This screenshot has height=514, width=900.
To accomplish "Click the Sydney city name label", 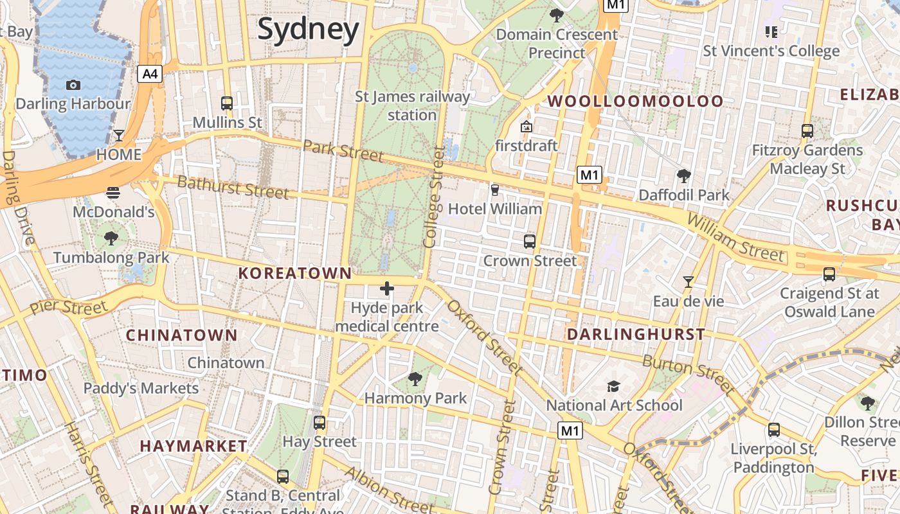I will (x=308, y=30).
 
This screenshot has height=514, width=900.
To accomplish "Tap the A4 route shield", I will (x=149, y=74).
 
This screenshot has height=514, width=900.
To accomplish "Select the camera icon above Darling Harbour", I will (x=73, y=85).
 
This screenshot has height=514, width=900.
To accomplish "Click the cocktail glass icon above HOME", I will (x=119, y=136).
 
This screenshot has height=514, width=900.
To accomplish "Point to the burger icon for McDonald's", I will (x=113, y=192).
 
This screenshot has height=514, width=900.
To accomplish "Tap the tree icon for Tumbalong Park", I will (x=111, y=238).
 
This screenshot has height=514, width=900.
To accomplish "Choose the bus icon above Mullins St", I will (x=227, y=103).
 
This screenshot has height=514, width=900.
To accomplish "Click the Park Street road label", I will (x=343, y=151).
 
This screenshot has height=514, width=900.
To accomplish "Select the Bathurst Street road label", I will (x=233, y=187).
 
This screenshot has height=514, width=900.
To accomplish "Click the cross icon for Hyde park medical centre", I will (x=386, y=288).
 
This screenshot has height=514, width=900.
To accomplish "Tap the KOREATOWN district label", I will (x=295, y=273).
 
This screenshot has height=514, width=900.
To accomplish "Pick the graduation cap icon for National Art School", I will (x=614, y=386).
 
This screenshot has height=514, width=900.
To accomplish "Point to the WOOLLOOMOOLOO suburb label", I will (x=635, y=101).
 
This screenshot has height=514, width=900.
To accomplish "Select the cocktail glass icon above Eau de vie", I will (x=688, y=281).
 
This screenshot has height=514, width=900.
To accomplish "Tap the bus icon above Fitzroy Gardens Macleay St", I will (x=807, y=131).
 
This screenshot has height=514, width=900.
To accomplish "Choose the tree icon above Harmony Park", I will (x=415, y=379).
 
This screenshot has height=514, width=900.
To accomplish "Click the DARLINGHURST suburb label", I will (x=636, y=334).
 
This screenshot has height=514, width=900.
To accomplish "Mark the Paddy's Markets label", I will (x=141, y=388).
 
